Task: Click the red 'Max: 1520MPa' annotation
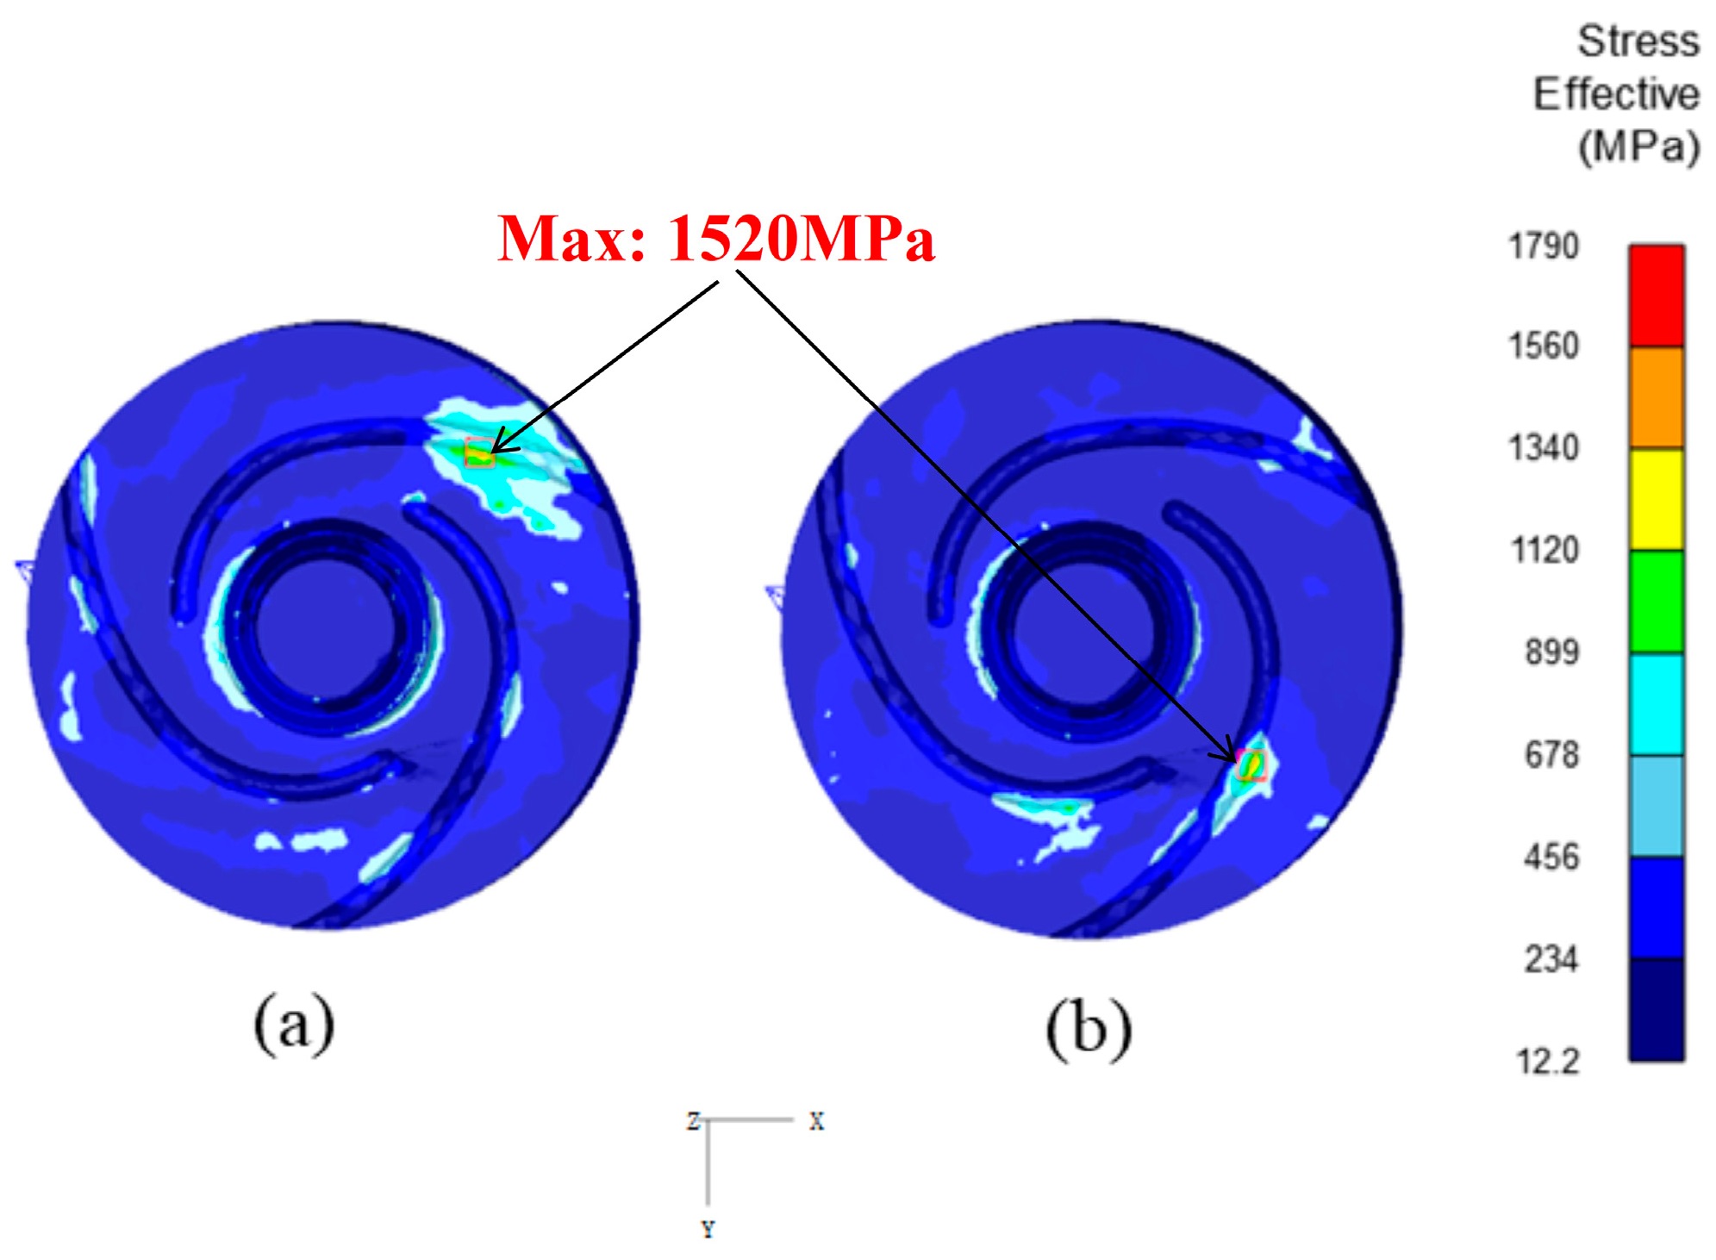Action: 715,239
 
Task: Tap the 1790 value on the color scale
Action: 1543,246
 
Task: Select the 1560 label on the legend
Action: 1543,346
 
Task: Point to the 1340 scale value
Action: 1543,448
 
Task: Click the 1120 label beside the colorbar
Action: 1544,550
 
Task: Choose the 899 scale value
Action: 1551,652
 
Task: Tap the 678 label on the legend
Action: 1551,755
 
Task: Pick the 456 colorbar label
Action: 1551,858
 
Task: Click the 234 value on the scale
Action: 1551,959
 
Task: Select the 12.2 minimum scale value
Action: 1548,1062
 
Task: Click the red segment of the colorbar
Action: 1656,296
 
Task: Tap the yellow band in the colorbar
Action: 1656,499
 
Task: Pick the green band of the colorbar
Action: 1656,602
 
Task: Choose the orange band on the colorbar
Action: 1656,397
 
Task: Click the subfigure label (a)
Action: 293,1023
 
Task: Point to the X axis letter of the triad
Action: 816,1121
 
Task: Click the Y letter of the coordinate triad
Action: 708,1230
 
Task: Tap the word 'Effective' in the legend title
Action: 1616,94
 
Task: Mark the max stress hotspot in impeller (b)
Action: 1251,764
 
